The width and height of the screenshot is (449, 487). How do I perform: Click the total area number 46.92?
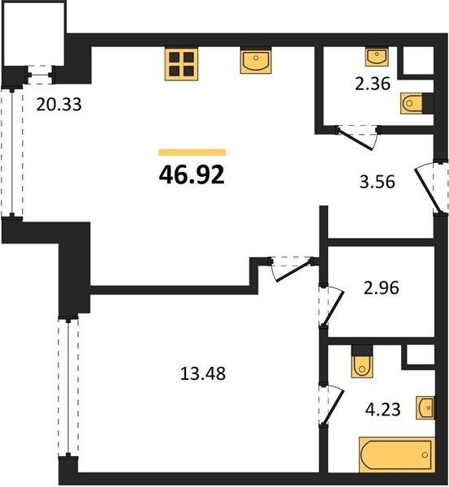click(192, 175)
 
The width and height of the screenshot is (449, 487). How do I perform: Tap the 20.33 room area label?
click(58, 105)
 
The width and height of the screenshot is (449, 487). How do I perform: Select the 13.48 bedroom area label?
click(203, 373)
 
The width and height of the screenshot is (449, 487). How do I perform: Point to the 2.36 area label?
click(373, 84)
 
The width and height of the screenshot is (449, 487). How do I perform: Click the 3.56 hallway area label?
click(378, 182)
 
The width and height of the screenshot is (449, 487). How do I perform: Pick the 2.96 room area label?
click(382, 287)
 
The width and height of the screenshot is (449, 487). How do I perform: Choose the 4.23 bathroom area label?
click(382, 409)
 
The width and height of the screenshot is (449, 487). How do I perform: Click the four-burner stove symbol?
click(181, 64)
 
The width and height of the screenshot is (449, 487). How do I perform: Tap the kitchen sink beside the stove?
click(256, 61)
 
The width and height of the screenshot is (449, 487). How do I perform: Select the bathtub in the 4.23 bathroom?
click(397, 455)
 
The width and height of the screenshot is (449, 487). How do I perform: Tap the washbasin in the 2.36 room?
click(377, 57)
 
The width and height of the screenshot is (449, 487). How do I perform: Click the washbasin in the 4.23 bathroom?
click(425, 407)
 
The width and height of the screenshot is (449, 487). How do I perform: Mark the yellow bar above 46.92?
click(192, 153)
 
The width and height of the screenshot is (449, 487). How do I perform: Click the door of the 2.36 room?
click(356, 139)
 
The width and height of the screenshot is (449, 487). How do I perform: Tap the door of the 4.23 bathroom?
click(332, 405)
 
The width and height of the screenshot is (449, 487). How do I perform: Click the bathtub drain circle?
click(425, 455)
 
